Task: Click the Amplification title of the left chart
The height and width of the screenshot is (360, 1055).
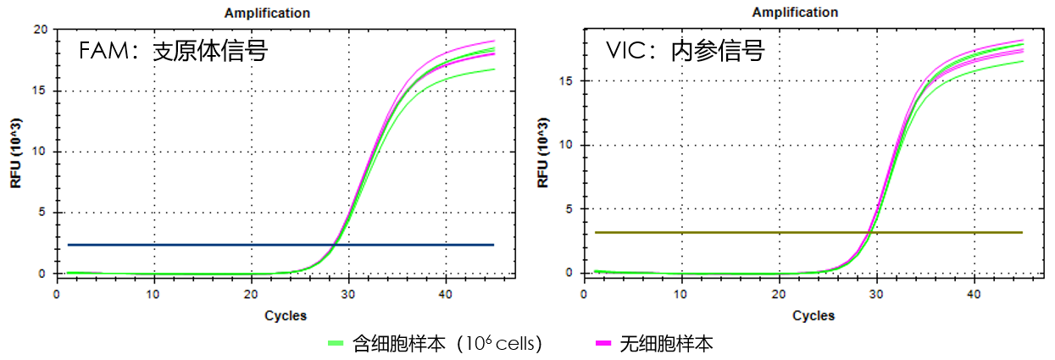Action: (x=267, y=13)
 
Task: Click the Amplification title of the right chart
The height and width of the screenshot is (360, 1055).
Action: (x=795, y=13)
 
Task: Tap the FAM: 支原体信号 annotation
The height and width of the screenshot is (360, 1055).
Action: (x=173, y=52)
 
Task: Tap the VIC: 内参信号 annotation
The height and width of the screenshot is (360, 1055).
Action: (x=685, y=52)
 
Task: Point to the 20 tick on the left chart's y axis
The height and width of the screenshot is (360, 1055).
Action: (x=39, y=30)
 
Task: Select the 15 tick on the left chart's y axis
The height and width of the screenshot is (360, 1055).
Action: (x=39, y=91)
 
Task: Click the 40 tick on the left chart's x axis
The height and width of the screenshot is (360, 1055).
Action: (x=444, y=294)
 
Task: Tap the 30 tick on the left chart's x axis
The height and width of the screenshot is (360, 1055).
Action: (x=347, y=294)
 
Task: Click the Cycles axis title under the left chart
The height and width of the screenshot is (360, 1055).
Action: (x=286, y=316)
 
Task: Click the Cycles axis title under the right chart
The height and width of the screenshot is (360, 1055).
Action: (x=813, y=316)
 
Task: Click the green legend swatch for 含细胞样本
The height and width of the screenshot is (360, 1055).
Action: (x=336, y=344)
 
